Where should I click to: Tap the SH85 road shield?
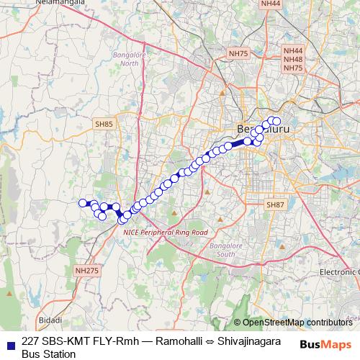coord(104,124)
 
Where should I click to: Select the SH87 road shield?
coord(276,205)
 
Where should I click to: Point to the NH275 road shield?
coord(86,271)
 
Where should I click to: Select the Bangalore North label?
coord(130,58)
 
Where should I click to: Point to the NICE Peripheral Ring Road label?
coord(165,233)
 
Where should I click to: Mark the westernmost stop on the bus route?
coord(83,203)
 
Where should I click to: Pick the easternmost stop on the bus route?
coord(276,121)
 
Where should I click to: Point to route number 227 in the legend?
coord(31,342)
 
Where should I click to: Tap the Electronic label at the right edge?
coord(339,271)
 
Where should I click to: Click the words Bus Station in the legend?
coord(49,354)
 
